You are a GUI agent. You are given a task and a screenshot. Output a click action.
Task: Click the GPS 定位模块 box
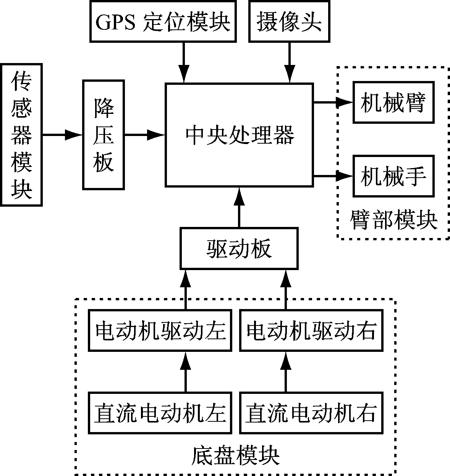click(x=163, y=21)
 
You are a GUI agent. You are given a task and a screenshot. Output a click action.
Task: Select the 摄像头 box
click(x=289, y=21)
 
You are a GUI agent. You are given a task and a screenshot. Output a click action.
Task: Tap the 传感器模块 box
click(x=21, y=135)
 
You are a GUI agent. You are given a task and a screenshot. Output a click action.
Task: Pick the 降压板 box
click(x=104, y=135)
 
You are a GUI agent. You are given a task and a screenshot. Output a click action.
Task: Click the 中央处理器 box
click(x=239, y=135)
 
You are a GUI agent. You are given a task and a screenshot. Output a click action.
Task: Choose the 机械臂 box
click(x=393, y=102)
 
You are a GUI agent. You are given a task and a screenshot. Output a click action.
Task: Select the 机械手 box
click(x=393, y=176)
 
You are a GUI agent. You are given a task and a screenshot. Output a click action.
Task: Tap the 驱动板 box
click(x=239, y=248)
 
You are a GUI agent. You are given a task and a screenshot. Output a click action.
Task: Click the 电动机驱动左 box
click(x=160, y=330)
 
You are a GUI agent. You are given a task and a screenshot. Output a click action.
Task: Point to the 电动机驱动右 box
click(x=311, y=330)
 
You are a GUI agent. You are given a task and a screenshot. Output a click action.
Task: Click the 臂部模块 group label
click(x=394, y=220)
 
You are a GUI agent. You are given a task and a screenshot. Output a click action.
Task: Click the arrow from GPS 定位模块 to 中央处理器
click(x=184, y=63)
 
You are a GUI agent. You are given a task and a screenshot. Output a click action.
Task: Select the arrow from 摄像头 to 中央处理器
click(x=290, y=63)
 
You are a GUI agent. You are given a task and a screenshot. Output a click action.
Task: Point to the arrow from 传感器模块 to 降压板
click(x=63, y=134)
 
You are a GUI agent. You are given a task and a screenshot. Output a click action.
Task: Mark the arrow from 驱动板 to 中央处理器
click(x=239, y=207)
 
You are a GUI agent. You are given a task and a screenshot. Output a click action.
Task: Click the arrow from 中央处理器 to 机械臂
click(x=333, y=102)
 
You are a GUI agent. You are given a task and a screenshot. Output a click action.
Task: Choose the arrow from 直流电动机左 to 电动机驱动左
click(x=186, y=372)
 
